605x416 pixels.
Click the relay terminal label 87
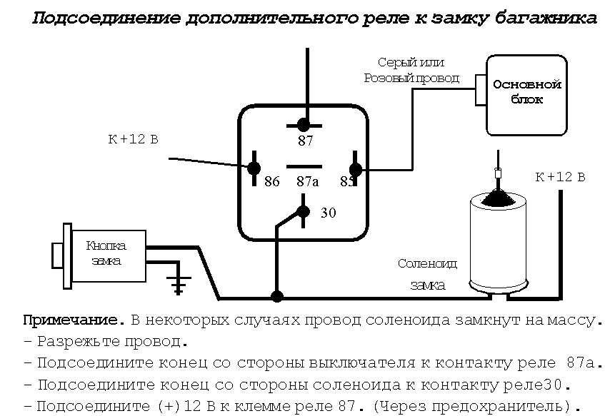pyautogui.click(x=306, y=141)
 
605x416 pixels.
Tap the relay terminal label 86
pyautogui.click(x=271, y=181)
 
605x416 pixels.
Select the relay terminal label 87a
pyautogui.click(x=307, y=181)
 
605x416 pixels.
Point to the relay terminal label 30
pyautogui.click(x=329, y=213)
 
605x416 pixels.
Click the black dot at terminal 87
pyautogui.click(x=304, y=124)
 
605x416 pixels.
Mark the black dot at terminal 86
pyautogui.click(x=254, y=168)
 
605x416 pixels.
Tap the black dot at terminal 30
pyautogui.click(x=304, y=211)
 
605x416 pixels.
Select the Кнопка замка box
pyautogui.click(x=107, y=253)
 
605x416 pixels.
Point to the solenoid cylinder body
pyautogui.click(x=499, y=246)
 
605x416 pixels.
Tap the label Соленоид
pyautogui.click(x=427, y=264)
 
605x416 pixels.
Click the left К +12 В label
pyautogui.click(x=133, y=139)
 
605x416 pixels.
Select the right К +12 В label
pyautogui.click(x=560, y=177)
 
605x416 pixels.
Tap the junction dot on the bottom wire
pyautogui.click(x=277, y=295)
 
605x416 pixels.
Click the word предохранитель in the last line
pyautogui.click(x=507, y=407)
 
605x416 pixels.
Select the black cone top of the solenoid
pyautogui.click(x=499, y=196)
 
